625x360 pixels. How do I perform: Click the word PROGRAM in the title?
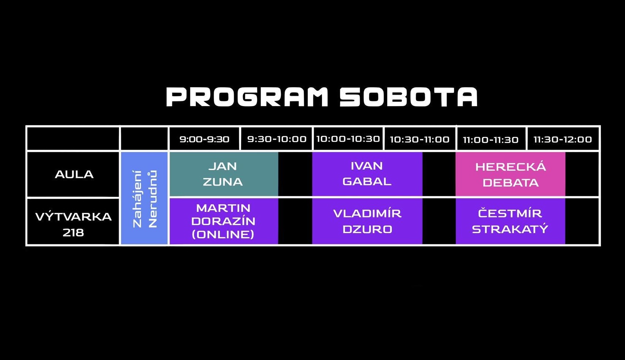click(247, 97)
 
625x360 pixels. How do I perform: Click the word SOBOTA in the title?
click(409, 97)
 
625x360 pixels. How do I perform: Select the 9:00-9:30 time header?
click(204, 139)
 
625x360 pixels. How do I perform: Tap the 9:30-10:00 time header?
click(277, 139)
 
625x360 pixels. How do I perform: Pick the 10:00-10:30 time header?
click(348, 139)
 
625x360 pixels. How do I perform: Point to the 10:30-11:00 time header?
click(420, 140)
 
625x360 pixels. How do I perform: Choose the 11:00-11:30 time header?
click(491, 140)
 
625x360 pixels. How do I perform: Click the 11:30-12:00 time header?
click(563, 140)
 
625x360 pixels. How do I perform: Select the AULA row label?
click(74, 174)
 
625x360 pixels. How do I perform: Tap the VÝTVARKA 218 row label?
click(73, 225)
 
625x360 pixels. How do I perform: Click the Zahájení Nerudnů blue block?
click(145, 198)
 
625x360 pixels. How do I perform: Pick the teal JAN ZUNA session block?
click(224, 174)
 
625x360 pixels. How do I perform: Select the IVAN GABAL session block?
click(367, 174)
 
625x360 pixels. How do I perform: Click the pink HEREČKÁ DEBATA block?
click(511, 174)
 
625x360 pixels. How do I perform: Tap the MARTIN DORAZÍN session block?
click(224, 221)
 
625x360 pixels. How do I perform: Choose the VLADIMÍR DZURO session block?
click(367, 221)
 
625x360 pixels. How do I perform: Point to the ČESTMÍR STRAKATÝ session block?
click(511, 221)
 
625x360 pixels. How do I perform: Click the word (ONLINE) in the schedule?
click(223, 234)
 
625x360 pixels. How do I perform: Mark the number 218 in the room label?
click(73, 233)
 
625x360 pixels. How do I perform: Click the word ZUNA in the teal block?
click(223, 182)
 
